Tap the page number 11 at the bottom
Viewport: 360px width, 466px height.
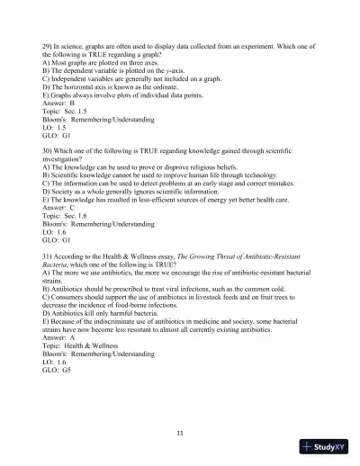coord(181,435)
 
